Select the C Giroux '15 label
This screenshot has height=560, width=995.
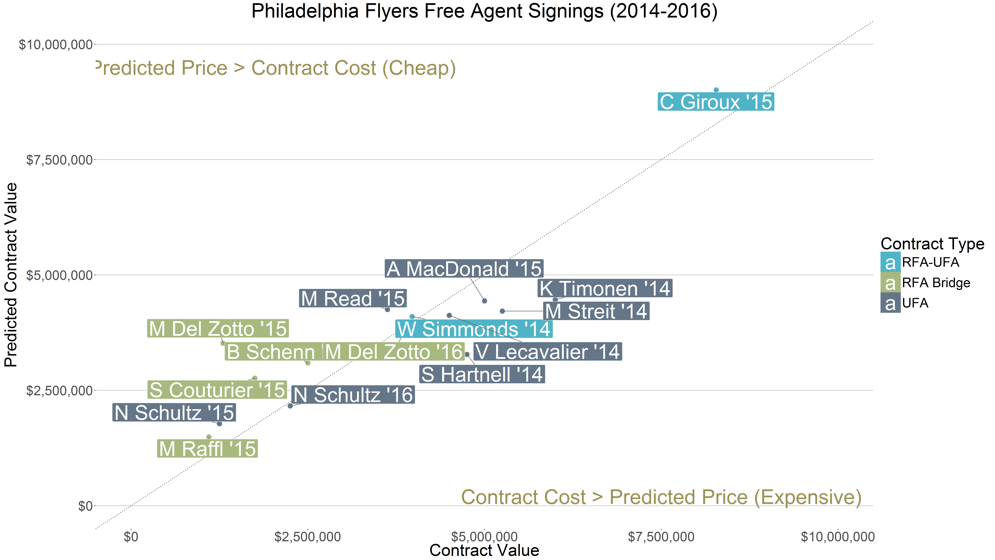(716, 102)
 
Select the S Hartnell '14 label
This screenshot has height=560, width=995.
(482, 375)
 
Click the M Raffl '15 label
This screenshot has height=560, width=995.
(207, 449)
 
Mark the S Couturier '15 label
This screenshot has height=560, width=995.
(217, 390)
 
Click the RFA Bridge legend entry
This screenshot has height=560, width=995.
(936, 283)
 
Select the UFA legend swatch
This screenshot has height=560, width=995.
(890, 303)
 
